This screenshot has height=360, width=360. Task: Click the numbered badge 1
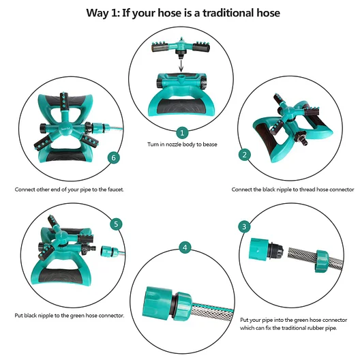coord(182,133)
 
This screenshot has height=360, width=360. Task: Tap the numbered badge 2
coord(245,155)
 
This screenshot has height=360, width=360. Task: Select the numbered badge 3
coord(244,226)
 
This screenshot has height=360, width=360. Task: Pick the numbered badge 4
coord(185,247)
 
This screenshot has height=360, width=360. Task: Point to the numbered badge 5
coord(116,224)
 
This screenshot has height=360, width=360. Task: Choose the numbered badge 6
coord(114,157)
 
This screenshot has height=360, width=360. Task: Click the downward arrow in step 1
coord(181,65)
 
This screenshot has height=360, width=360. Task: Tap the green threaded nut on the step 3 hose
coord(321,261)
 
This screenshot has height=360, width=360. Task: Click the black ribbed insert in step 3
coord(275,249)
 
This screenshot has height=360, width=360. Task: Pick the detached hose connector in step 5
coord(110,251)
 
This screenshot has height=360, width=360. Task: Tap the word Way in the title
coord(97,13)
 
